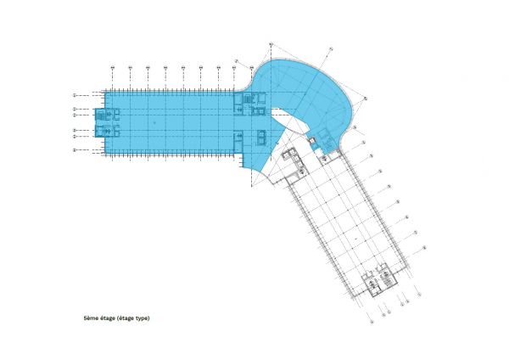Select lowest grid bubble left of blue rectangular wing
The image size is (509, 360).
pyautogui.click(x=75, y=150)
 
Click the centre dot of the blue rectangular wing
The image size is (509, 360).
pyautogui.click(x=156, y=123)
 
